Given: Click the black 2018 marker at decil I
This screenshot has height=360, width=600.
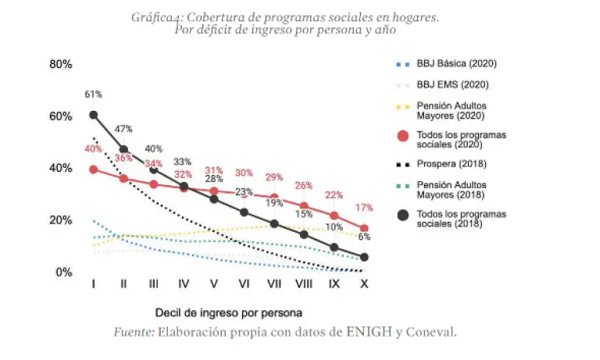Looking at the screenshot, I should (94, 115).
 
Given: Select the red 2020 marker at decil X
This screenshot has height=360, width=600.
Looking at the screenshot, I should (364, 228).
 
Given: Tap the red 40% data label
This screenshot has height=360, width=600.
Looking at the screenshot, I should (94, 149).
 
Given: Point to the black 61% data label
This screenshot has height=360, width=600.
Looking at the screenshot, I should (94, 94).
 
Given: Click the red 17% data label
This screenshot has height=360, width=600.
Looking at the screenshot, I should (364, 209).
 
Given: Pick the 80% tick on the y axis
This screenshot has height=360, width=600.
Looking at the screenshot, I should (61, 64).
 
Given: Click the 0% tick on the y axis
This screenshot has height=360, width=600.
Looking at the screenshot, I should (64, 272).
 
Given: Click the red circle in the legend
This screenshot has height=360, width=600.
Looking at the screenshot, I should (403, 137).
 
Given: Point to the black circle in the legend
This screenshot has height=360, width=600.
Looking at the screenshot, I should (403, 216).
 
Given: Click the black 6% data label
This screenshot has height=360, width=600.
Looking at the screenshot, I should (364, 237).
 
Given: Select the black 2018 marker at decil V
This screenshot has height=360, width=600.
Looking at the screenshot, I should (214, 199).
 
